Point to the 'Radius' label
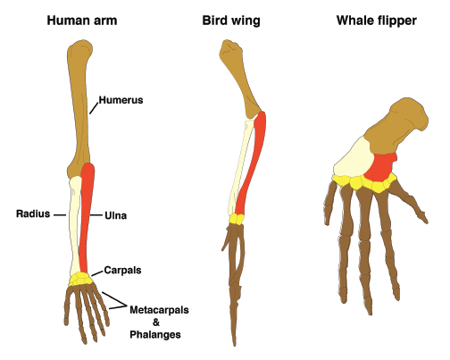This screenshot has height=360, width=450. [x=33, y=214]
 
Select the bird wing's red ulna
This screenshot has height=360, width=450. [x=252, y=165]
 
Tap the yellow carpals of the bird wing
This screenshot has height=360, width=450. [x=237, y=217]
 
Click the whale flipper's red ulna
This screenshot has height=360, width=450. [x=380, y=166]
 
